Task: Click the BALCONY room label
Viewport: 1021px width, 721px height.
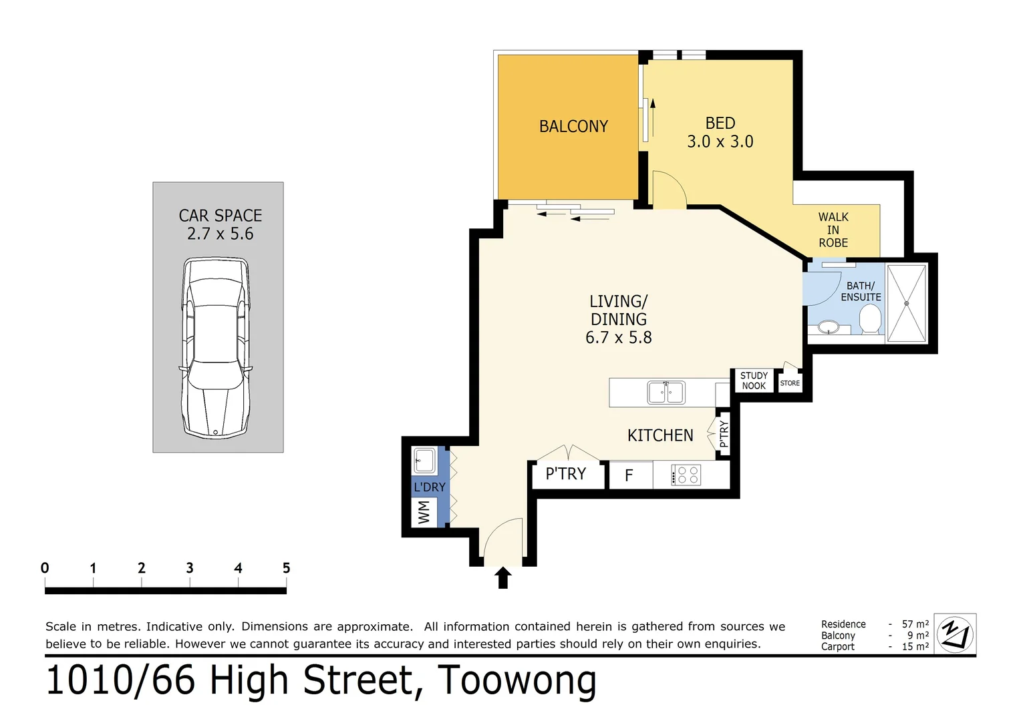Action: [573, 126]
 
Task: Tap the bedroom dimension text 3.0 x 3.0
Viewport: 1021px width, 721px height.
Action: [720, 142]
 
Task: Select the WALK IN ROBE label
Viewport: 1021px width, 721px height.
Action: [833, 230]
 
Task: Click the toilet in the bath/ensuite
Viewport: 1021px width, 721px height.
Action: [870, 319]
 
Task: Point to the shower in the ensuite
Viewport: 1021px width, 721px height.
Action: [906, 303]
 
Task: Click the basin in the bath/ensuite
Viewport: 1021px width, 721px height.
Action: [829, 327]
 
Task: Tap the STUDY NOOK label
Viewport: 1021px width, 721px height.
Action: [754, 381]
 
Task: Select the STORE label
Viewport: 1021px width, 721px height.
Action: [790, 383]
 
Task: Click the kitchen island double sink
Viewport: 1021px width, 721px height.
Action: [666, 393]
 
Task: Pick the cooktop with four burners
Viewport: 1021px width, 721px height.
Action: [686, 475]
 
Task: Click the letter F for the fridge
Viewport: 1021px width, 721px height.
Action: [629, 476]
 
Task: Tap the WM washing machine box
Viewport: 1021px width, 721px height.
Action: [424, 513]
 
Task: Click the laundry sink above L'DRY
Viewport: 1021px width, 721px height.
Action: [424, 460]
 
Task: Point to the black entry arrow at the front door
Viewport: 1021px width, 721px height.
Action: [503, 577]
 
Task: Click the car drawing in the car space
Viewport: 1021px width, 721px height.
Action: [216, 347]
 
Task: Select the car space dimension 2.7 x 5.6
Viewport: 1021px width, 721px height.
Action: [220, 234]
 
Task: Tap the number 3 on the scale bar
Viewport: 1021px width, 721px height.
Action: [190, 568]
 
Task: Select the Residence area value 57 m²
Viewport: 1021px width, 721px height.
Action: [915, 624]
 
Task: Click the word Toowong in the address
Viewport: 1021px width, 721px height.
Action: [517, 680]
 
